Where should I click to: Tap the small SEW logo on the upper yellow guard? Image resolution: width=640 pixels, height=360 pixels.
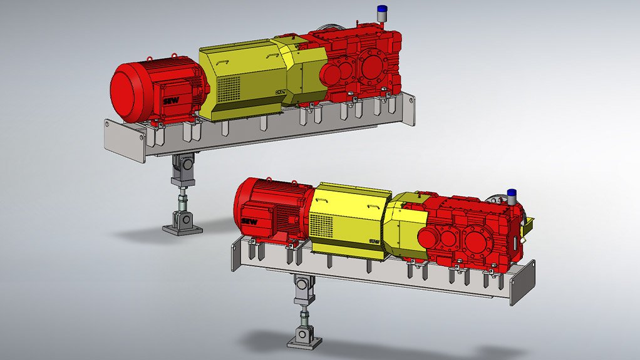tap(280, 93)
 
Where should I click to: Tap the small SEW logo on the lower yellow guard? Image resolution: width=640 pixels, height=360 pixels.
tap(374, 240)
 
